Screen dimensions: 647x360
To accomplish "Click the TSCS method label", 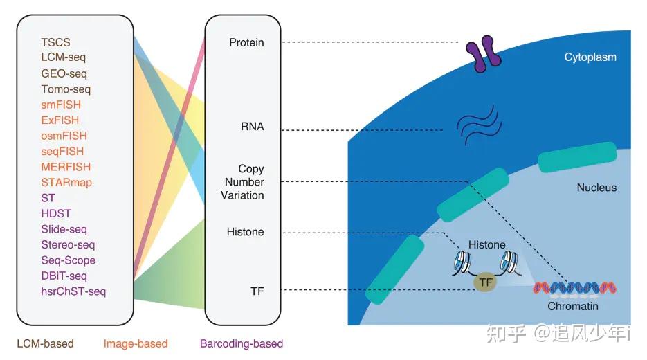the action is click(x=56, y=42).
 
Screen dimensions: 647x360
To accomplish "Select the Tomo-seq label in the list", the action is click(x=66, y=89).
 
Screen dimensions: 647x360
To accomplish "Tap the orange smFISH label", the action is click(x=61, y=105).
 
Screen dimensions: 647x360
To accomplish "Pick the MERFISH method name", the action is click(x=66, y=167).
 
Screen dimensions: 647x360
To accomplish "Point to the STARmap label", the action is click(x=66, y=183).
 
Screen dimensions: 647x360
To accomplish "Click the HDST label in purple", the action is click(x=56, y=213).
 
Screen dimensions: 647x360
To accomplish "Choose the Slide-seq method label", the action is click(x=64, y=229).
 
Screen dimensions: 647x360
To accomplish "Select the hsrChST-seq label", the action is click(x=73, y=291).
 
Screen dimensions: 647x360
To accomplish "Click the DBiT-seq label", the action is click(x=64, y=276).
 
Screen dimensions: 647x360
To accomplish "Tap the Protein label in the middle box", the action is click(x=246, y=42).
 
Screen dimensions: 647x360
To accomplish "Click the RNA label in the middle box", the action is click(x=252, y=126).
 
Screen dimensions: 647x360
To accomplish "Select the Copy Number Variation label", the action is click(x=242, y=181).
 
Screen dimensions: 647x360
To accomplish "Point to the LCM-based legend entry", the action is click(x=46, y=343).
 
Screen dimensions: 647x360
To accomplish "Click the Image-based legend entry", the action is click(x=136, y=343).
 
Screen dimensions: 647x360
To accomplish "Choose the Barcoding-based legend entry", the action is click(x=242, y=343).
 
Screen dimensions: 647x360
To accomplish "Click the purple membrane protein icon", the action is click(x=484, y=54).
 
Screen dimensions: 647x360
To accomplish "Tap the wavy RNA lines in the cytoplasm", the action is click(x=479, y=125).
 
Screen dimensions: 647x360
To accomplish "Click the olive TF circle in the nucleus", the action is click(x=485, y=282).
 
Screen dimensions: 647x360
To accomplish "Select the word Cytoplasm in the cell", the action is click(x=590, y=57).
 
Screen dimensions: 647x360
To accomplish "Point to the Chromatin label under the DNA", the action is click(x=573, y=306).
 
